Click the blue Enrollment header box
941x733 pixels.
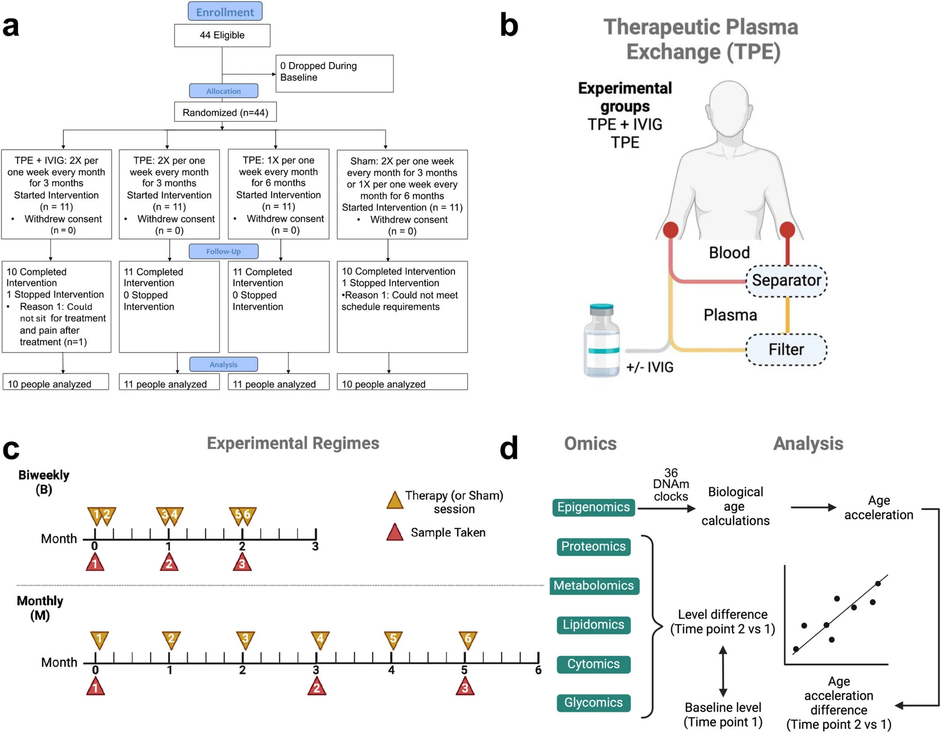[225, 12]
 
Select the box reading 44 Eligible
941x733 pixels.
[222, 35]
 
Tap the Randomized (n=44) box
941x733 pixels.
[225, 112]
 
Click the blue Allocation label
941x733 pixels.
[223, 91]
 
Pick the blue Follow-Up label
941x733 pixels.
[223, 251]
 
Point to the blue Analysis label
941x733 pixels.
[223, 364]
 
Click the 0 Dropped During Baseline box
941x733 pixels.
[334, 73]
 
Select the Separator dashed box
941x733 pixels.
[786, 281]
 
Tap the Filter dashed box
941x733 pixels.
[786, 350]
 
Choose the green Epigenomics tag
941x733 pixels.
[593, 507]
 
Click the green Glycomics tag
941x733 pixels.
[593, 703]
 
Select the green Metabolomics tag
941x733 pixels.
[594, 586]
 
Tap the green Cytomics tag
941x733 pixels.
[593, 664]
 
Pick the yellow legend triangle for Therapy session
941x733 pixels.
[394, 501]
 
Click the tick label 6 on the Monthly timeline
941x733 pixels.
[538, 670]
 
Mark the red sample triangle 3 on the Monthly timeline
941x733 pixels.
[465, 687]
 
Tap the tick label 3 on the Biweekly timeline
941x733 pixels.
[315, 547]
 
